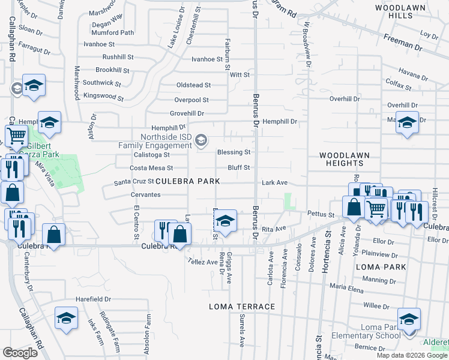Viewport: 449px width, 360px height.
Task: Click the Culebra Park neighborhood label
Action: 188,181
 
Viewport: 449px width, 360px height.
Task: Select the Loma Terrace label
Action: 242,307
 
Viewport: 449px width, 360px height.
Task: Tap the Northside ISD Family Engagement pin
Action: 202,140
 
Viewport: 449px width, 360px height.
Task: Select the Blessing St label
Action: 234,152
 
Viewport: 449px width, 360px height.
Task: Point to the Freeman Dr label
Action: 408,45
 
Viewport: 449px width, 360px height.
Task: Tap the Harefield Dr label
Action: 93,299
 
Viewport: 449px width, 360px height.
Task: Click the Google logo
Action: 20,353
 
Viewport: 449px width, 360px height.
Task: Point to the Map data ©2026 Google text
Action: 412,355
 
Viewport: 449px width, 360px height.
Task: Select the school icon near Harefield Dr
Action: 66,319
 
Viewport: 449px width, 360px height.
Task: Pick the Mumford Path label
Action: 113,32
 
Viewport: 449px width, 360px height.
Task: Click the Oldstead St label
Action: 193,86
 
